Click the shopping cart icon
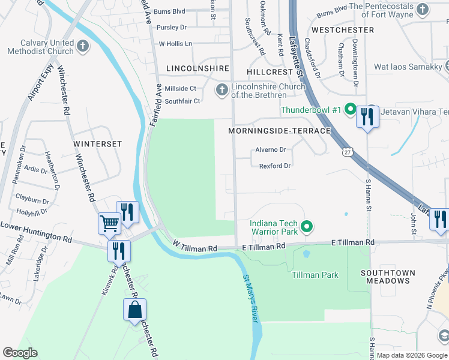tap(109, 223)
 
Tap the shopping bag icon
tap(134, 310)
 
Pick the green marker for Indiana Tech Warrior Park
tap(307, 226)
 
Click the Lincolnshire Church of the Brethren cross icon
tap(222, 90)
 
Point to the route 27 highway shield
tap(347, 152)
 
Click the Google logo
tap(20, 353)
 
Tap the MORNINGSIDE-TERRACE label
tap(279, 131)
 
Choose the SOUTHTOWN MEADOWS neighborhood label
tap(387, 277)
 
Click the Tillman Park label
tap(315, 275)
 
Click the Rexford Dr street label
tap(275, 166)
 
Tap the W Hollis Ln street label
tap(175, 44)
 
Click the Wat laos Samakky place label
tap(408, 67)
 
